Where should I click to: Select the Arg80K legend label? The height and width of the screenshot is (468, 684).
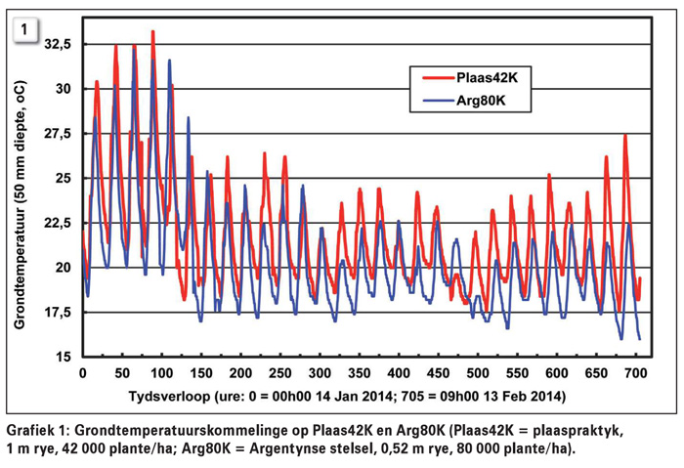point(491,100)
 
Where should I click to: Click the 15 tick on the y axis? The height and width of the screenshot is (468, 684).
point(64,357)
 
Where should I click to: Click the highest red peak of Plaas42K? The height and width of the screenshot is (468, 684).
point(152,32)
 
